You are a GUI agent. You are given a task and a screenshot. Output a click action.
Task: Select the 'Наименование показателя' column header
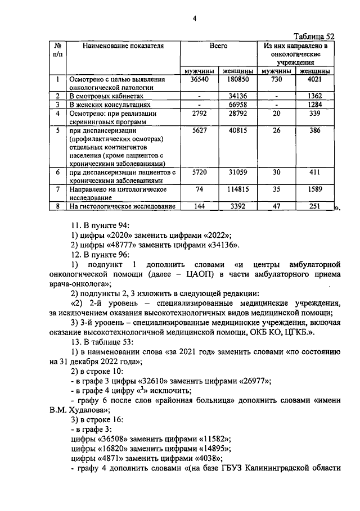click(x=123, y=46)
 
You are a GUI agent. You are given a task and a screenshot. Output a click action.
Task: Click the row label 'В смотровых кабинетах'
click(x=102, y=96)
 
